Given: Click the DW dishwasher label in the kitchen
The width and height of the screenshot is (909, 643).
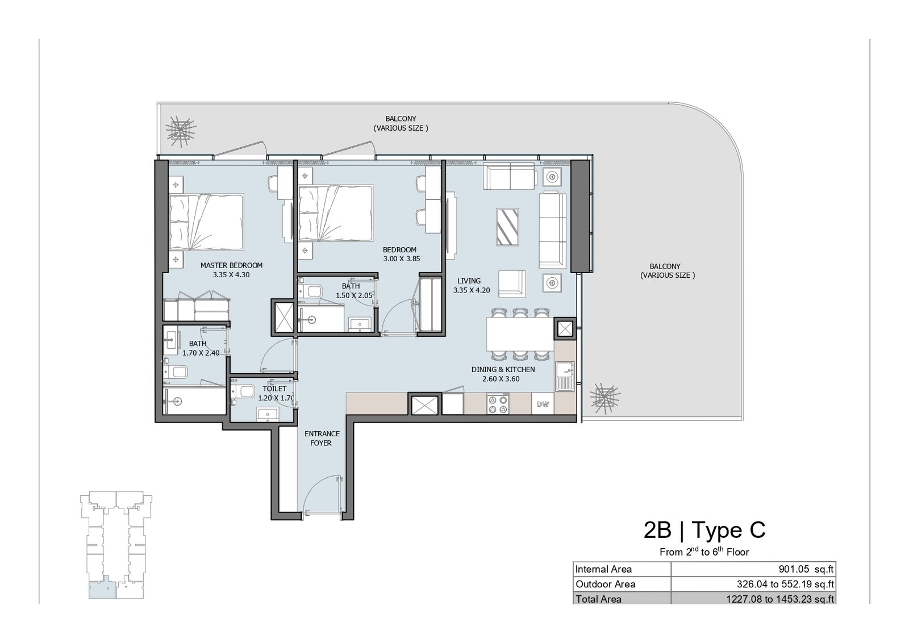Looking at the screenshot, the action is (543, 404).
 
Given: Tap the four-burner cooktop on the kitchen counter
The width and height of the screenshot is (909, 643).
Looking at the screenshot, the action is (498, 404).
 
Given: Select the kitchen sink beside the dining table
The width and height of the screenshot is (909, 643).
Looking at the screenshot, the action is (565, 376).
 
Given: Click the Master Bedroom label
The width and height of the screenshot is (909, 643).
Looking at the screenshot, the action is (231, 265).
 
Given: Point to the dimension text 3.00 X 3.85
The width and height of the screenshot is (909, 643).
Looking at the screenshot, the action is (401, 259).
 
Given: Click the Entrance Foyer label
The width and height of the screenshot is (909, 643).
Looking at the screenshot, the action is (322, 438).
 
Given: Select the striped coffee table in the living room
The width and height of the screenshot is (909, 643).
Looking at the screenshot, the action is (507, 227).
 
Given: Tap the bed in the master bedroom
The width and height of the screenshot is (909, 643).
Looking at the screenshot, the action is (207, 222).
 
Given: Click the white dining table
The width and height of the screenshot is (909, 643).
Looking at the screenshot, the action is (520, 334).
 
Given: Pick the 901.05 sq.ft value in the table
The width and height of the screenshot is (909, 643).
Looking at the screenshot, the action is (806, 569).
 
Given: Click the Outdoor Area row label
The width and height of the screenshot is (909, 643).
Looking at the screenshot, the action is (605, 584).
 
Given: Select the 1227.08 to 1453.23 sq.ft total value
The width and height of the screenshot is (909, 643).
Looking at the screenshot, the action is (780, 599).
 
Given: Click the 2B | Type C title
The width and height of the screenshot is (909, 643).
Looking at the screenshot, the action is (704, 530).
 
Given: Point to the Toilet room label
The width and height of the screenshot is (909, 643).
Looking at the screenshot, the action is (274, 389).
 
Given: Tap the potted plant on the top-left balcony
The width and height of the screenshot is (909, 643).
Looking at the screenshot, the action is (181, 131).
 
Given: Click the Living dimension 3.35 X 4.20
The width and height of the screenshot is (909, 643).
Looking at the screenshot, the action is (472, 290).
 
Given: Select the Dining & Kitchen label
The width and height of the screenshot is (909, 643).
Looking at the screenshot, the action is (503, 370).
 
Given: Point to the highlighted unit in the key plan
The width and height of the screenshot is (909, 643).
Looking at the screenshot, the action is (103, 587).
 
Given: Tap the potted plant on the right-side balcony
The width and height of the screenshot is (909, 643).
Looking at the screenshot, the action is (605, 399).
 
